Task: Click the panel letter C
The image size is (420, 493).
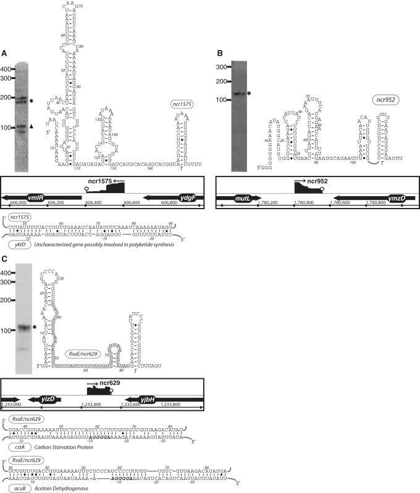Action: pos(5,259)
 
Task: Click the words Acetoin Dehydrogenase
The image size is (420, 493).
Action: pos(61,487)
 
